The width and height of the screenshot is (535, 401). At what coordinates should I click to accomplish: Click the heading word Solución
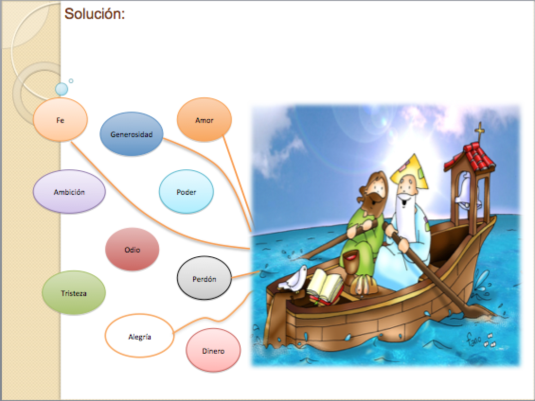[x=95, y=14]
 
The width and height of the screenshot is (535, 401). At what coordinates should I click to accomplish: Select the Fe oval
[x=61, y=120]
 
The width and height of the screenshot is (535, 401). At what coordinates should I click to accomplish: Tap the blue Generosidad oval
[x=131, y=134]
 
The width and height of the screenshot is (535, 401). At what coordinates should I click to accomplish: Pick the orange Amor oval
[x=205, y=120]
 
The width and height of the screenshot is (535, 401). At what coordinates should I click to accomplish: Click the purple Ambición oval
[x=69, y=192]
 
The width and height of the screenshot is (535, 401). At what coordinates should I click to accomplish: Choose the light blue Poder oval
[x=186, y=192]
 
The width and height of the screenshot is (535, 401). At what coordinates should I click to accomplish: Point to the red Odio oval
[x=133, y=249]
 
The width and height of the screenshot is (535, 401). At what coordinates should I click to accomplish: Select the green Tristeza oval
[x=74, y=293]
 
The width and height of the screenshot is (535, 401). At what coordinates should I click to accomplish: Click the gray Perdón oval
[x=205, y=278]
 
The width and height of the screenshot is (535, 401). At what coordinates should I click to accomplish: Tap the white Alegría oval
[x=140, y=336]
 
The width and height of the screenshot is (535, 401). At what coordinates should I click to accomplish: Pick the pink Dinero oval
[x=213, y=350]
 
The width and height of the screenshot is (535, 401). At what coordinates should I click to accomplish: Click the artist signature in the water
[x=480, y=339]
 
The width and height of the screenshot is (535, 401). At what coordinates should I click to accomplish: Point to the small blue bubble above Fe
[x=62, y=89]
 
